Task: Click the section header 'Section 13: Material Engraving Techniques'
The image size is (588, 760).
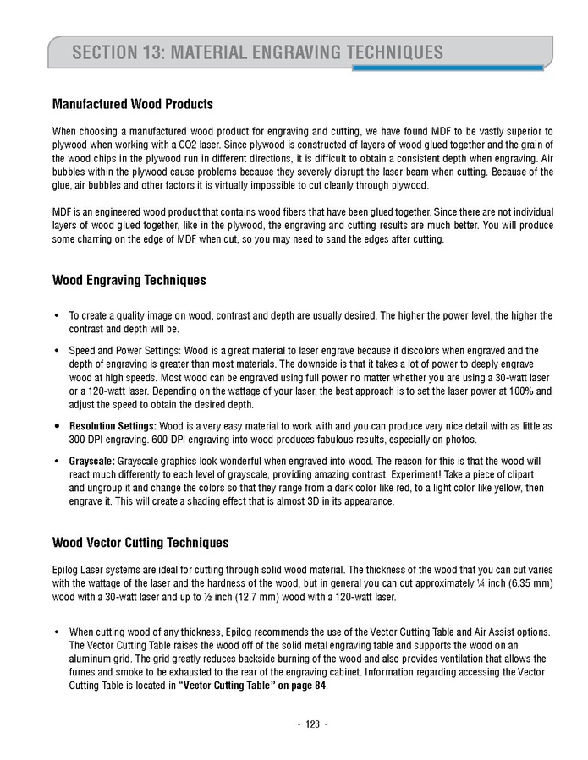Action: click(x=257, y=52)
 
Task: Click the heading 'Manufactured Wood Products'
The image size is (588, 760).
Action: click(x=132, y=105)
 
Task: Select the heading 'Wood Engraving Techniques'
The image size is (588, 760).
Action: click(x=129, y=280)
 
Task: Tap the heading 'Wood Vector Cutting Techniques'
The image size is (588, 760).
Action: click(x=140, y=542)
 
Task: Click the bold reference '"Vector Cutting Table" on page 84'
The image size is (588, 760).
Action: click(x=252, y=686)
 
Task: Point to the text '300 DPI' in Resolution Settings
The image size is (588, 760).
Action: click(x=86, y=440)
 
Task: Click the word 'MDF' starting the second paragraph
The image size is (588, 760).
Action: click(x=63, y=211)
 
